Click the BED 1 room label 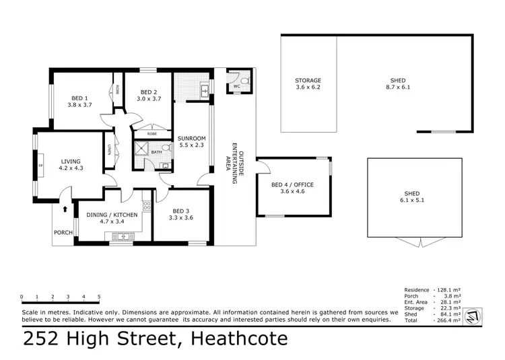click(78, 96)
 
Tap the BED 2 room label click(149, 92)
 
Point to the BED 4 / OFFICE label click(292, 185)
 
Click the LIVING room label click(71, 161)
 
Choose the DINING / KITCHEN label click(112, 215)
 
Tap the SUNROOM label click(191, 139)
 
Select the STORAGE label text click(308, 81)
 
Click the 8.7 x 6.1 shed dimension click(397, 87)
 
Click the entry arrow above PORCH click(65, 209)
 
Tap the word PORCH click(64, 233)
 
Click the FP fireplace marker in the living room click(41, 164)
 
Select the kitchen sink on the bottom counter click(123, 236)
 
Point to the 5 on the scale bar click(99, 296)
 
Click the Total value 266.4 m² click(448, 321)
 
